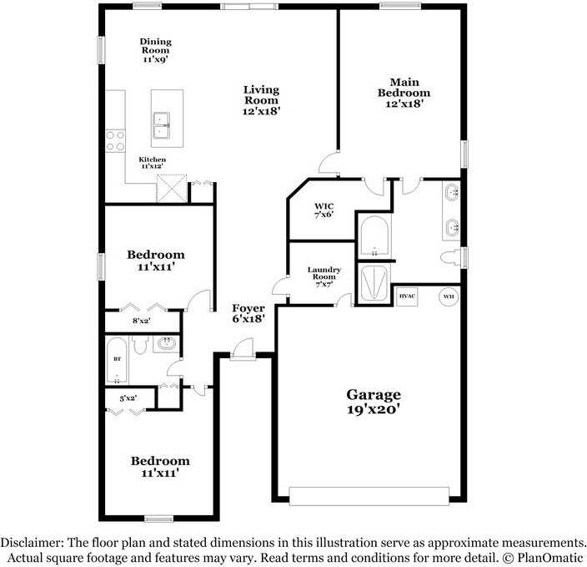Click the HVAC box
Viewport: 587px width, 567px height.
click(x=407, y=296)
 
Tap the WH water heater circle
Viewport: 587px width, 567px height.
click(x=449, y=296)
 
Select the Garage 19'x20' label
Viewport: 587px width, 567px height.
click(x=374, y=402)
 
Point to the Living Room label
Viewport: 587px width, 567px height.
click(x=261, y=99)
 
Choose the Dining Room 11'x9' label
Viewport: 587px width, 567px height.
click(x=154, y=50)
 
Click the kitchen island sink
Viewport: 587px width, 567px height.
click(x=162, y=125)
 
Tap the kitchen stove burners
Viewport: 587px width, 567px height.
click(x=114, y=139)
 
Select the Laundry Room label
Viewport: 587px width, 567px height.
click(x=324, y=276)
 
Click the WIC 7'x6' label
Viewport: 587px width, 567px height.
click(x=324, y=211)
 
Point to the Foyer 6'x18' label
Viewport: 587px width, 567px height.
click(x=248, y=313)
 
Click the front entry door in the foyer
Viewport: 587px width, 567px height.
click(x=243, y=350)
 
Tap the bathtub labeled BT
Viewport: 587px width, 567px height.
click(x=117, y=359)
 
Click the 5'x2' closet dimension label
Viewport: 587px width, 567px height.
click(x=128, y=398)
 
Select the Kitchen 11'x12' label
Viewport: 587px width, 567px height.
click(x=152, y=163)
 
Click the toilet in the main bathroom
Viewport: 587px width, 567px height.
click(x=451, y=256)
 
